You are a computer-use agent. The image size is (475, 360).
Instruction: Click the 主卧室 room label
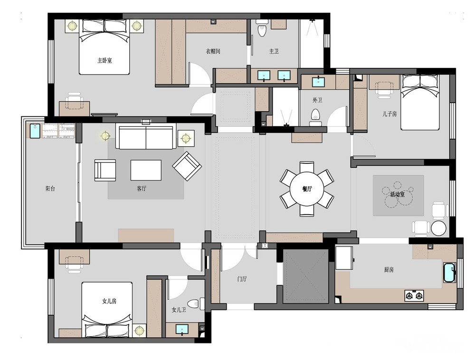tap(104, 61)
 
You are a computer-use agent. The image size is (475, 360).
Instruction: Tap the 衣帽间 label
tap(213, 51)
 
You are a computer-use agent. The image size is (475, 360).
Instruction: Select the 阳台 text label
tap(50, 189)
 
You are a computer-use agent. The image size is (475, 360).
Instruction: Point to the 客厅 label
tap(142, 189)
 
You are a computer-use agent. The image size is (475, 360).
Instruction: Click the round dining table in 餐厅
tap(306, 189)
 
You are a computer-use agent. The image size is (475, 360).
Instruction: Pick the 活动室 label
tap(397, 194)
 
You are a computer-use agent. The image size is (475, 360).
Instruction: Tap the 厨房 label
tap(389, 269)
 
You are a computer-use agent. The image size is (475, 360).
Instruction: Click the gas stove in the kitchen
tap(414, 295)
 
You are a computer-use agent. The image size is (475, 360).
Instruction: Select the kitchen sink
tap(449, 273)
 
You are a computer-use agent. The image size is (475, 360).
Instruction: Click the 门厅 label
tap(242, 279)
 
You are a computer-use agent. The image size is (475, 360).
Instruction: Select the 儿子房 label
tap(389, 114)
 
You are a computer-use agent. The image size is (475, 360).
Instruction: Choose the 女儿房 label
tap(109, 301)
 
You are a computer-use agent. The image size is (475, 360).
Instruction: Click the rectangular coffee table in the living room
tap(146, 170)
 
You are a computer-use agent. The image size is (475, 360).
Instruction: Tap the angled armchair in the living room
tap(187, 166)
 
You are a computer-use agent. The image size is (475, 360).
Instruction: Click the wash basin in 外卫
tap(318, 82)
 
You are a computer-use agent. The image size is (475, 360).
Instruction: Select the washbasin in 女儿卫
tap(182, 329)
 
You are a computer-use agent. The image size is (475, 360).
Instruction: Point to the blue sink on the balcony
tap(35, 131)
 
